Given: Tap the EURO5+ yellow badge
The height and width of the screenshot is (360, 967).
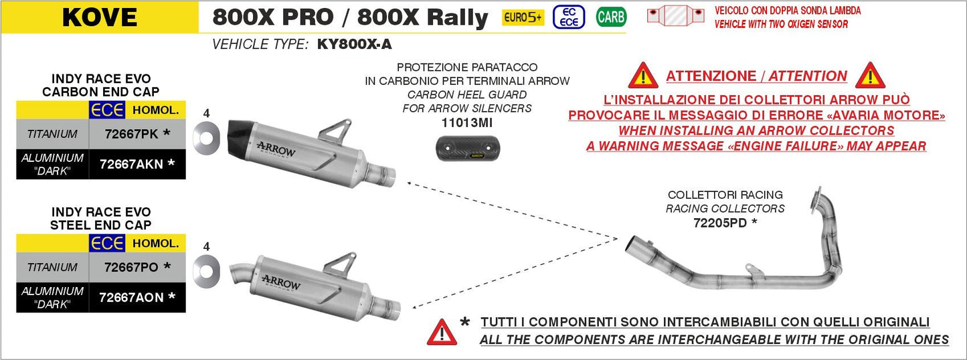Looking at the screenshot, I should (523, 17).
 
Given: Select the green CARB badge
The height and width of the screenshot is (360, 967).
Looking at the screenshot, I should (611, 17).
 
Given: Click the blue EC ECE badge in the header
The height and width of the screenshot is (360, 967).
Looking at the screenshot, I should (569, 17).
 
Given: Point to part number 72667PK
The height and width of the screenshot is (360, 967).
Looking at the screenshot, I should (131, 134).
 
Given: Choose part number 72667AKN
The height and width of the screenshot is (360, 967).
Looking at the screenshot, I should (131, 164).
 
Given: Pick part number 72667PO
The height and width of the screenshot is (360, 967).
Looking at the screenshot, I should (131, 267).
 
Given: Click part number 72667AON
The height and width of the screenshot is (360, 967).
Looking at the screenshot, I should (131, 297).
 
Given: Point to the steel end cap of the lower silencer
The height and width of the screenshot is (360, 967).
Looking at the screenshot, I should (241, 274).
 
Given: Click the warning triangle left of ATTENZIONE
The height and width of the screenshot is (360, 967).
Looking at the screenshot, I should (643, 76).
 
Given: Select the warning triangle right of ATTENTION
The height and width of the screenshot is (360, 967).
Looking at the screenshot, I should (870, 76).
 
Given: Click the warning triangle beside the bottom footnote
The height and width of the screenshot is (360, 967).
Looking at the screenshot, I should (442, 331).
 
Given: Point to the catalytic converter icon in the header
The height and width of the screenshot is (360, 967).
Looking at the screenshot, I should (675, 15).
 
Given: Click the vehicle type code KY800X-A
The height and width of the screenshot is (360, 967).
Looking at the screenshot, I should (355, 45).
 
